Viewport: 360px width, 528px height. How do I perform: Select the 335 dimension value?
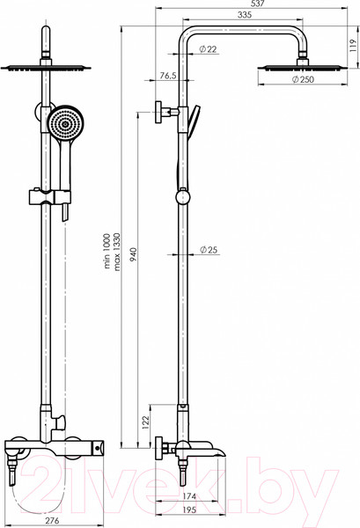coord(244,15)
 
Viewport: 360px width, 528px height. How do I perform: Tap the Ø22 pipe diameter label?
coord(208,49)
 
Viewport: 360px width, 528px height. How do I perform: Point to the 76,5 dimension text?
coord(168,76)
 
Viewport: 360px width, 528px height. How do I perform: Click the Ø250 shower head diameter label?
coord(303,79)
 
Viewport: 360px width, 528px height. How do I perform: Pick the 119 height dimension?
coord(352,46)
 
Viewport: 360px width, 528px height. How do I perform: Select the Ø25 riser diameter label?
coord(209,250)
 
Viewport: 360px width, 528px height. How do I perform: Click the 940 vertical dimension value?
coord(134,254)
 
